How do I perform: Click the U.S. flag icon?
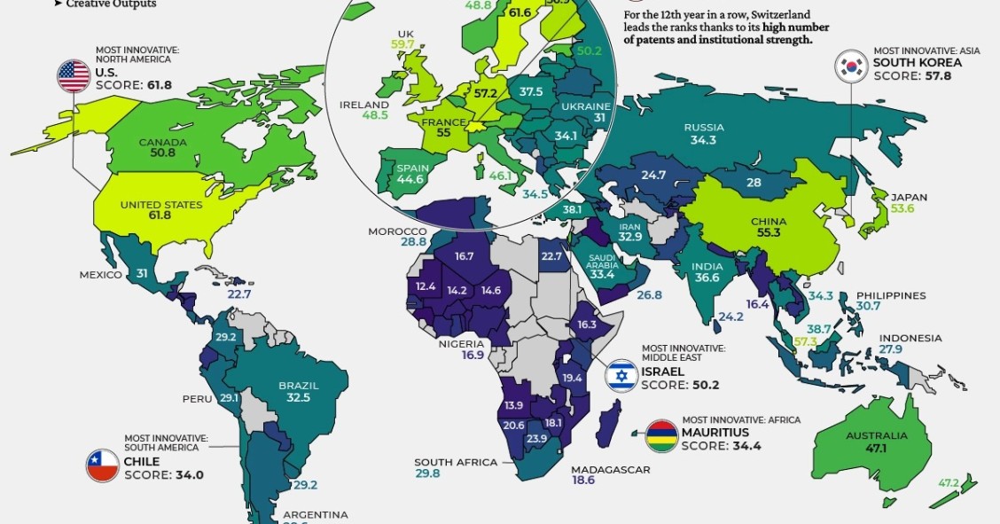click(74, 77)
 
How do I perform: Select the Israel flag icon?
click(621, 376)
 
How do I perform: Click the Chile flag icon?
click(103, 465)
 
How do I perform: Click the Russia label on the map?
click(704, 128)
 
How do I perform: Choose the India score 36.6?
click(707, 278)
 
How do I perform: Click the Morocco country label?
click(398, 231)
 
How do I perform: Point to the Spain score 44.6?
click(410, 179)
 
